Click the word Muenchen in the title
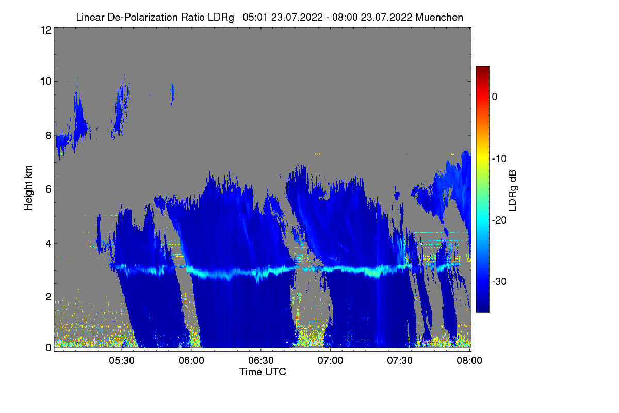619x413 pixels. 439,17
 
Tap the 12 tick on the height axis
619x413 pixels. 45,30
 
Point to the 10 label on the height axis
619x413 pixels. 45,81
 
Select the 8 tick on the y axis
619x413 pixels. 47,135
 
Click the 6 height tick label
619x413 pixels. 47,189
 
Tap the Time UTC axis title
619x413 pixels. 263,372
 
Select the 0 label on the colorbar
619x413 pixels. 495,97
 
